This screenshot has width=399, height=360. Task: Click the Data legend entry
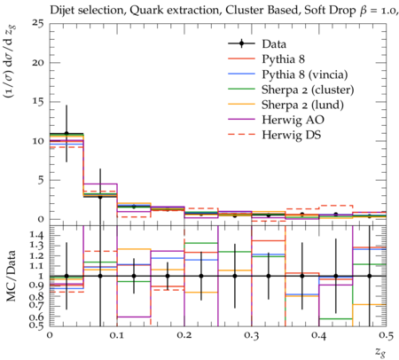274,44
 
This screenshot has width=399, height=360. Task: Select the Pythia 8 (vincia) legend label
305,74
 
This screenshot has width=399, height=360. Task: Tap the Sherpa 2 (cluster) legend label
308,90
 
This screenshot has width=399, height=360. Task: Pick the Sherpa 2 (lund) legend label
302,105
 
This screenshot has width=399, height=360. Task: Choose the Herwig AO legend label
293,120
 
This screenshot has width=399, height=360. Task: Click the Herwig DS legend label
292,135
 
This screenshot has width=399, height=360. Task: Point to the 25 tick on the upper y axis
38,23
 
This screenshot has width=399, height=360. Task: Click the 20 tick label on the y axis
38,63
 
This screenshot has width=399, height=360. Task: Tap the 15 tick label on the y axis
38,102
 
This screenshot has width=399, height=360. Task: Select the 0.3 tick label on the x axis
252,335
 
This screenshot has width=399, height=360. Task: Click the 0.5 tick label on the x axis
387,335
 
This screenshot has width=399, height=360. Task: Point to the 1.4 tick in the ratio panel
37,236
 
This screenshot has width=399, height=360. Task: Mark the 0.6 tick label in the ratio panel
37,317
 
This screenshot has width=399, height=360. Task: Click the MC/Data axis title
12,276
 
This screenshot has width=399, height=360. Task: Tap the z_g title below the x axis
380,352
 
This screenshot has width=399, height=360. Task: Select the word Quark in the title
142,11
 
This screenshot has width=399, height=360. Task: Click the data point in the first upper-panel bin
66,133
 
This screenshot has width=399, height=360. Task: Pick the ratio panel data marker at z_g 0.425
336,276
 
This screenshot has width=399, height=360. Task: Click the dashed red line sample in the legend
241,134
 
